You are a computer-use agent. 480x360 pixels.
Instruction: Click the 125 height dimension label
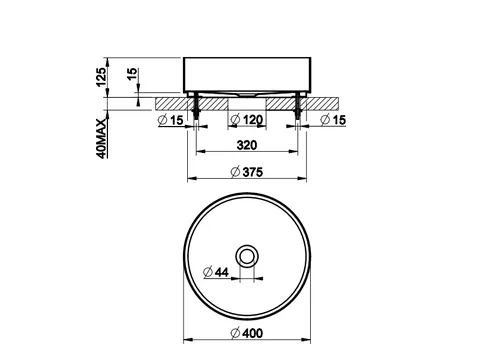102,77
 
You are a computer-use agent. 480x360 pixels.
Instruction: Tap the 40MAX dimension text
102,138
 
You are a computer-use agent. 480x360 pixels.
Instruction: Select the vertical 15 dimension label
132,74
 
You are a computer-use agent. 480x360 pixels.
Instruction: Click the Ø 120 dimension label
247,119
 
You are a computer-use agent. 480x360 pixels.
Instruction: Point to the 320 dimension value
247,145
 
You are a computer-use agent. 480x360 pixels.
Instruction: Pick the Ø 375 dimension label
247,172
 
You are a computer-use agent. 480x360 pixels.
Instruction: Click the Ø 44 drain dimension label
216,272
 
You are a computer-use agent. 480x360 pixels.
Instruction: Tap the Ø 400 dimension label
247,333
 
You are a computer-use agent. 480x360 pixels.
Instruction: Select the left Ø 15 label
171,120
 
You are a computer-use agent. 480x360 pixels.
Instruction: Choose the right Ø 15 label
333,120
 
